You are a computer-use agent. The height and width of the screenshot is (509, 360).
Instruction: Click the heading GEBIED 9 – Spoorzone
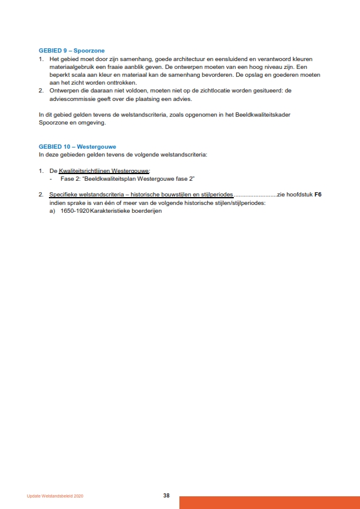[x=76, y=51]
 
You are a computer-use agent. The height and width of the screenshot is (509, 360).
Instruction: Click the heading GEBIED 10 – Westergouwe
[x=77, y=146]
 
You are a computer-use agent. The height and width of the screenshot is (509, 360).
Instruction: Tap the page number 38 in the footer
[x=166, y=496]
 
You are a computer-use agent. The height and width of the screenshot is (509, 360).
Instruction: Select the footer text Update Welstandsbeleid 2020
[x=55, y=496]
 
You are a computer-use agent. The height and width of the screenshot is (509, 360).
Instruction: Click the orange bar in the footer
[x=269, y=502]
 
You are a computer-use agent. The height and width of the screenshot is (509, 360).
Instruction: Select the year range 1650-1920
[x=74, y=211]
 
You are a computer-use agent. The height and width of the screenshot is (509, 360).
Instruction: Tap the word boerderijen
[x=146, y=211]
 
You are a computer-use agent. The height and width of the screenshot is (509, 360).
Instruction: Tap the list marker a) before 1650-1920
[x=53, y=211]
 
